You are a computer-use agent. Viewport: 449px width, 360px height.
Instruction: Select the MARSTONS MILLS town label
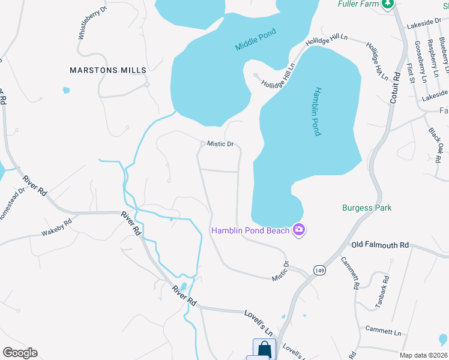pyautogui.click(x=108, y=70)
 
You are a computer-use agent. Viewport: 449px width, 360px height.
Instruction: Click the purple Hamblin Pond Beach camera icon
pyautogui.click(x=298, y=230)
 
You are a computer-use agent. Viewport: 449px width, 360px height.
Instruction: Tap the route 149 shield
pyautogui.click(x=318, y=270)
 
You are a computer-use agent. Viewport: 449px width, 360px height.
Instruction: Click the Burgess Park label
pyautogui.click(x=367, y=208)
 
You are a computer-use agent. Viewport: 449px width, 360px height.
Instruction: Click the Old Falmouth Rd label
pyautogui.click(x=380, y=245)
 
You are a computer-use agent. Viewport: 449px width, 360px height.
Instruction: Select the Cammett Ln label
pyautogui.click(x=383, y=331)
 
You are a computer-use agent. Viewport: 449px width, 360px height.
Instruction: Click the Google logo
pyautogui.click(x=20, y=353)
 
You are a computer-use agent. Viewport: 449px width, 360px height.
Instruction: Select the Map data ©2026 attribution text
pyautogui.click(x=423, y=355)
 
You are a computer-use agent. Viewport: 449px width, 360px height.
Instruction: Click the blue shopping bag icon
pyautogui.click(x=264, y=349)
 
